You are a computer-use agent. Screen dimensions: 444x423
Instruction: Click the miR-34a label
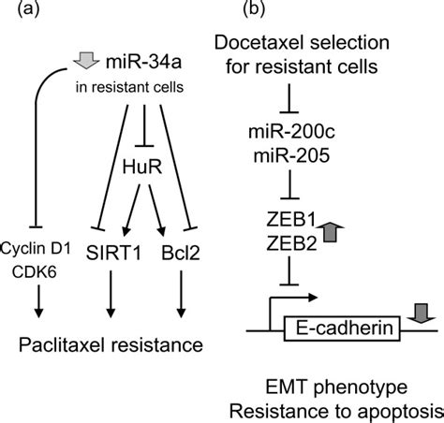click(143, 62)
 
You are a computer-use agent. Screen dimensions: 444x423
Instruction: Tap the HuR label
click(142, 167)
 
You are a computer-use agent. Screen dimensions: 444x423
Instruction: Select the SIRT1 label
click(113, 253)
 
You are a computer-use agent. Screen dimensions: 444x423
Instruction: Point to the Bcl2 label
click(181, 253)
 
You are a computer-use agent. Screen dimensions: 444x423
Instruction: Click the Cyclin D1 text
click(36, 249)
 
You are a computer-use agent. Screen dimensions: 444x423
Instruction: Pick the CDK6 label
click(35, 272)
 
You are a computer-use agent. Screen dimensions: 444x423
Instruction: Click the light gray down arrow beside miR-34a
click(86, 61)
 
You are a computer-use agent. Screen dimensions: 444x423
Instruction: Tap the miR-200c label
click(291, 132)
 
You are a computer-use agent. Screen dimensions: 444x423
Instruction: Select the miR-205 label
click(291, 155)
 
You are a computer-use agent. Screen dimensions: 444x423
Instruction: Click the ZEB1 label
click(291, 220)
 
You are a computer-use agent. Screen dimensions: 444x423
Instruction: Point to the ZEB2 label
click(291, 243)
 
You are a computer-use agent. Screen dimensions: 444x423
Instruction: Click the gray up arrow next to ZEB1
click(330, 232)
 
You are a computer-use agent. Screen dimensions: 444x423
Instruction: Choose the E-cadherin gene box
click(342, 328)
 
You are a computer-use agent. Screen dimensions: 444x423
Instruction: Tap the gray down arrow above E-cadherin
click(421, 314)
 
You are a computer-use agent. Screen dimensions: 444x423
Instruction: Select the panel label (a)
click(29, 8)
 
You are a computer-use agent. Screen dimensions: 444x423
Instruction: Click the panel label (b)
click(254, 8)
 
